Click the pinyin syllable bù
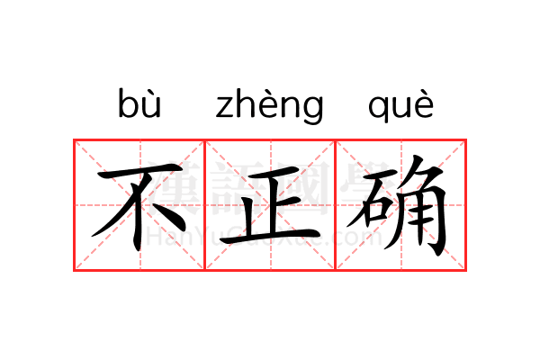139,103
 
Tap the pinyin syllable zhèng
270,106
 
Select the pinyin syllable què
400,106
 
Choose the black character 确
397,205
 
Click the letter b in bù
128,103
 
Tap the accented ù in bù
151,104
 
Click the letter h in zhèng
247,103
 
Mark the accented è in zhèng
269,104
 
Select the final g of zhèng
313,110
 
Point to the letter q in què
378,109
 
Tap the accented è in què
424,104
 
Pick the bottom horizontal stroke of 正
270,237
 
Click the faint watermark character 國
302,188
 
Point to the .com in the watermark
358,237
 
